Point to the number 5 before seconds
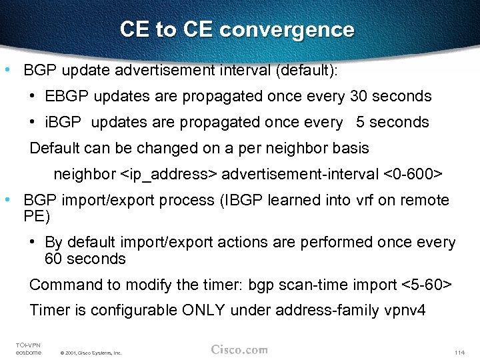click(x=361, y=123)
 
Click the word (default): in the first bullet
click(x=307, y=70)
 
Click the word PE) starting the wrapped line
click(x=37, y=217)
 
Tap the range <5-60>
click(x=427, y=285)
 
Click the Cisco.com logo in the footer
click(x=239, y=349)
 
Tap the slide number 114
click(x=458, y=352)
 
